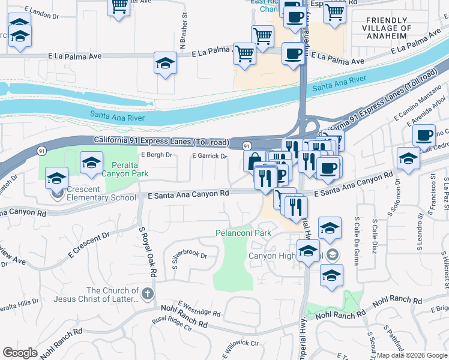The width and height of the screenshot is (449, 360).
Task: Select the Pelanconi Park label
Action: tap(244, 233)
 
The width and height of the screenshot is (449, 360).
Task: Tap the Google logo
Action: tap(20, 353)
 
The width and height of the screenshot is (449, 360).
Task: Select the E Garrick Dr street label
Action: tap(209, 156)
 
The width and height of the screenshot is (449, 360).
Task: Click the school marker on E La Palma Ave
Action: tap(165, 63)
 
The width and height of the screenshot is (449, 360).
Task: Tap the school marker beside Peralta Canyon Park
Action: tap(91, 162)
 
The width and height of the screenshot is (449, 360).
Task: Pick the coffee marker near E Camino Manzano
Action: tap(424, 136)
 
